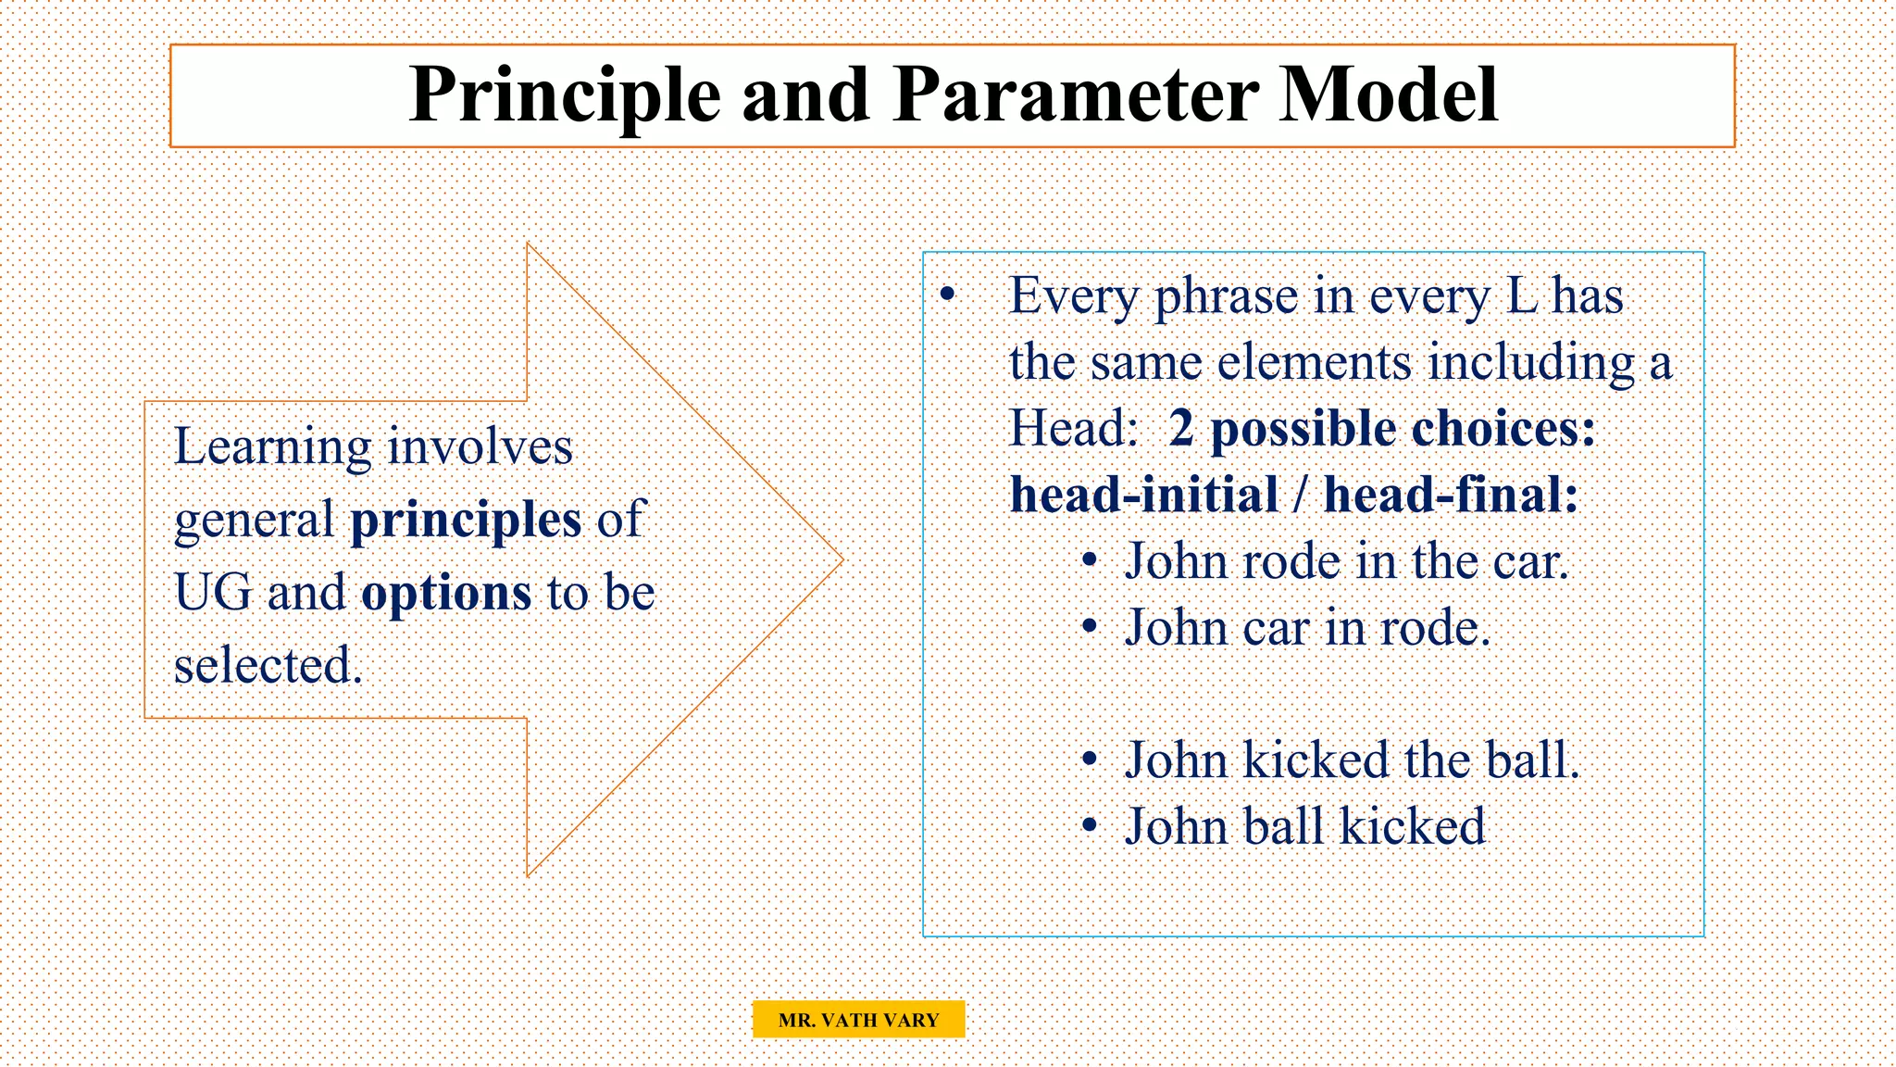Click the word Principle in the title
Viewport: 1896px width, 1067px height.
pyautogui.click(x=565, y=95)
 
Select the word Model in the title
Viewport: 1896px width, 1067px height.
pyautogui.click(x=1389, y=95)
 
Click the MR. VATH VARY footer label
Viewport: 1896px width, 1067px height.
pyautogui.click(x=858, y=1020)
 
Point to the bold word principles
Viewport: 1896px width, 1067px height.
pyautogui.click(x=466, y=521)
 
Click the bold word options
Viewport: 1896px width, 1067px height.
pyautogui.click(x=446, y=594)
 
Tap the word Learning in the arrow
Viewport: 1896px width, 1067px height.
pyautogui.click(x=273, y=448)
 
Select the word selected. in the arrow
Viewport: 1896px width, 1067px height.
pyautogui.click(x=268, y=666)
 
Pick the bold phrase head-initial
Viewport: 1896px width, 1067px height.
pyautogui.click(x=1144, y=495)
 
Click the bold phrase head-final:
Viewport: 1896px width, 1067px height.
pyautogui.click(x=1451, y=495)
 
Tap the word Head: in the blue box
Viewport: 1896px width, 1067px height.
pyautogui.click(x=1073, y=429)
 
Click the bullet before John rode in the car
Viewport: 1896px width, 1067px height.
pyautogui.click(x=1091, y=561)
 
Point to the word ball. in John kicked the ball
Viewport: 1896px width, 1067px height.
pyautogui.click(x=1532, y=760)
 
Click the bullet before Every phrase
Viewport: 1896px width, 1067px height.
pyautogui.click(x=946, y=295)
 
